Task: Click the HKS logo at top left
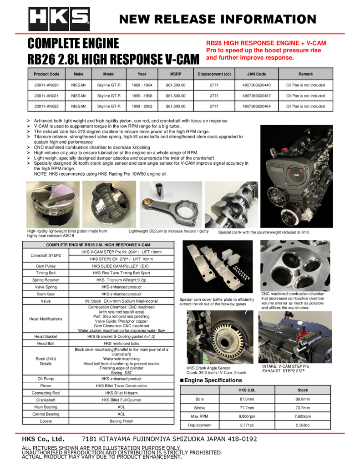pos(59,20)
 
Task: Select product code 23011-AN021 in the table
pos(46,96)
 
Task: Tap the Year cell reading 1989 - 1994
pos(142,85)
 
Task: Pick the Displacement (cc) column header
pos(214,74)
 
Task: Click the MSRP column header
pos(176,74)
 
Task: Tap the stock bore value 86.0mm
pos(303,399)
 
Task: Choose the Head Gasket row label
pos(46,337)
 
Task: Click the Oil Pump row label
pos(46,379)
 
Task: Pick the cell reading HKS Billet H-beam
pos(122,393)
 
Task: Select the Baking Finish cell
pos(122,421)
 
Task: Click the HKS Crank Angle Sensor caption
pos(208,368)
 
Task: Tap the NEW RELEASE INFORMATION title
pos(218,19)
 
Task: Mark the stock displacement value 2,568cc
pos(303,425)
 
